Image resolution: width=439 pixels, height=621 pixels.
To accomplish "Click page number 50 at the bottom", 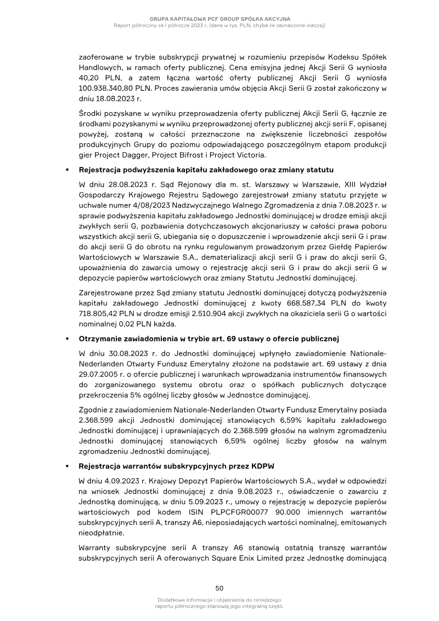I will coord(219,588).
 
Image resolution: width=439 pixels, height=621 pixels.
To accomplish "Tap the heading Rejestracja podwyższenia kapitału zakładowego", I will coord(206,169).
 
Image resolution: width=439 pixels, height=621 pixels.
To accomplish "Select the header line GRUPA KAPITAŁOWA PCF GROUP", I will coord(219,19).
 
